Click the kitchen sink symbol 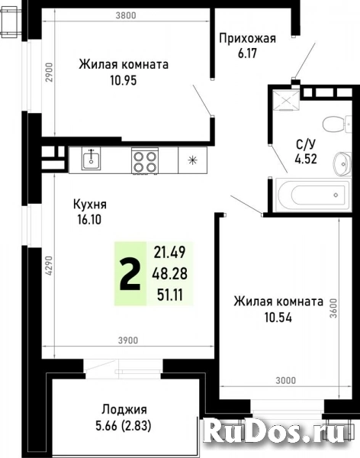tap(92, 160)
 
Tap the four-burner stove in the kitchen tap(144, 160)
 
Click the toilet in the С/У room tap(333, 122)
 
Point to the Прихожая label tap(246, 38)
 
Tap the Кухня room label tap(89, 205)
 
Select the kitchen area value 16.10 tap(88, 219)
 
